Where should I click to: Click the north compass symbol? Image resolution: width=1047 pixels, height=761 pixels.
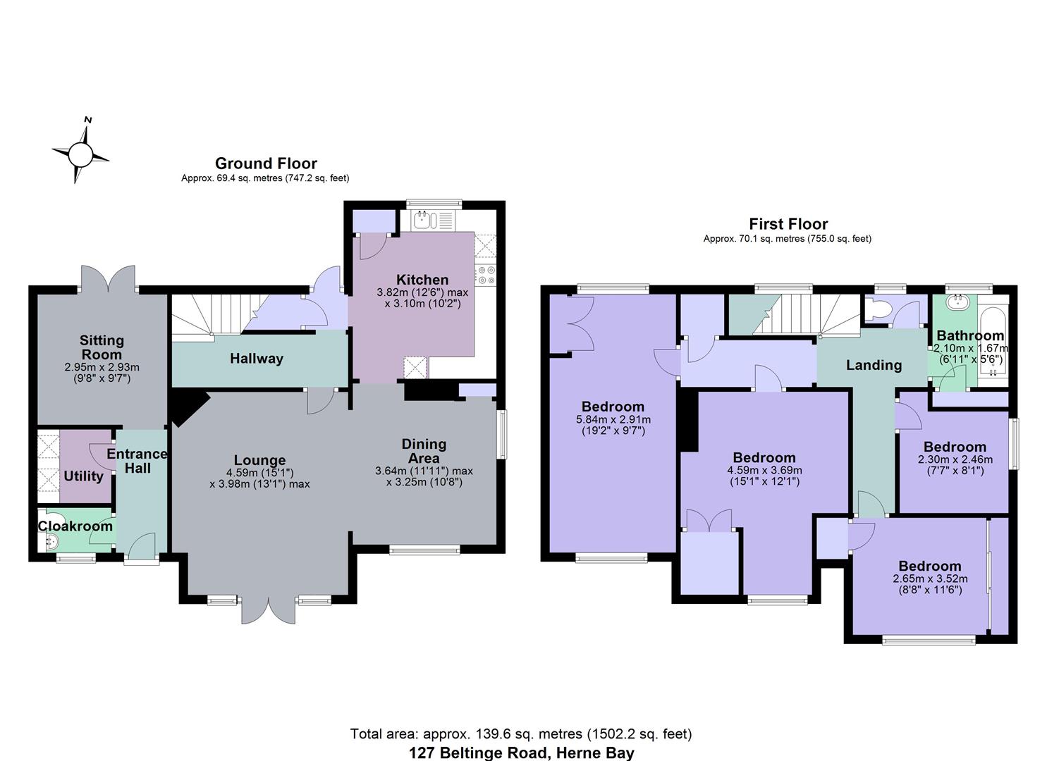[80, 153]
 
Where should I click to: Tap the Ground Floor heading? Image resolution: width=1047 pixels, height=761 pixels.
[266, 163]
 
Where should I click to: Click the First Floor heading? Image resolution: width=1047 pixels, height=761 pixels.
[788, 224]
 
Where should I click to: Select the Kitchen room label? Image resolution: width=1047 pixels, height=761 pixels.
[422, 280]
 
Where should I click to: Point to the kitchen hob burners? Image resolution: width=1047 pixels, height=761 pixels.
[486, 275]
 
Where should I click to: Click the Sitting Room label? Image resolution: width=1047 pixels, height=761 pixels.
[102, 347]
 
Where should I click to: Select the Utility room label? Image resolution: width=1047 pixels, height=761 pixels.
[83, 476]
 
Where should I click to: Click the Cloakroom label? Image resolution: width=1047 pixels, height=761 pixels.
[75, 526]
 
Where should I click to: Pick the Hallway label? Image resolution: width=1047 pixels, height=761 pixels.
[257, 359]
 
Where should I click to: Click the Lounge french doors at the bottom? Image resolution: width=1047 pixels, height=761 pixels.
[269, 610]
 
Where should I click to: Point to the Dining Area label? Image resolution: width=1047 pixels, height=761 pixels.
[424, 451]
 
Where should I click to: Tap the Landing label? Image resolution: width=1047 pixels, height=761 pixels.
[874, 365]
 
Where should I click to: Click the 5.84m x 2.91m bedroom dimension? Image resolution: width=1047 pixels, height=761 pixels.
[613, 419]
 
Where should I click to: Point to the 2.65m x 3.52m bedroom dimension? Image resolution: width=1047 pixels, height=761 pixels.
[929, 579]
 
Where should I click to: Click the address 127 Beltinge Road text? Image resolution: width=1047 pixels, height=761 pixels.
[521, 753]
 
